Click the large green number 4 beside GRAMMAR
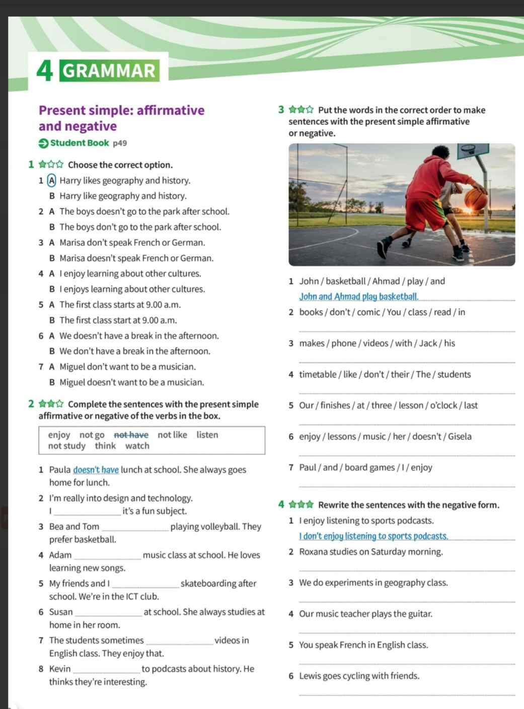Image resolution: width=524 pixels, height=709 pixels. pyautogui.click(x=45, y=71)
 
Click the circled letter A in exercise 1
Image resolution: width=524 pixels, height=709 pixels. pyautogui.click(x=51, y=180)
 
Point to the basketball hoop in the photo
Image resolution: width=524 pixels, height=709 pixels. pyautogui.click(x=468, y=149)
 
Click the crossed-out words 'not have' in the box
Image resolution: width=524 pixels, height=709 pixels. pyautogui.click(x=131, y=435)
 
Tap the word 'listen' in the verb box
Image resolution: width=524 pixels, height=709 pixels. pyautogui.click(x=207, y=435)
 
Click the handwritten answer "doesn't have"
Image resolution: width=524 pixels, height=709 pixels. pyautogui.click(x=96, y=470)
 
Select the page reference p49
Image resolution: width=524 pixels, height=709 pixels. pyautogui.click(x=120, y=143)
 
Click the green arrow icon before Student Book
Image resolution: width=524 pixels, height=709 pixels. pyautogui.click(x=43, y=143)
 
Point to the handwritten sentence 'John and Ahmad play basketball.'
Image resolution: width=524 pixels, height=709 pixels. pyautogui.click(x=359, y=297)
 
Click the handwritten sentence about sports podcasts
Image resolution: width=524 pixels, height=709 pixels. pyautogui.click(x=373, y=536)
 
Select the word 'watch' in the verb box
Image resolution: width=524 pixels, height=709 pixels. pyautogui.click(x=137, y=446)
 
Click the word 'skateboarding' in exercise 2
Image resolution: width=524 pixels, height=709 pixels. pyautogui.click(x=218, y=584)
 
